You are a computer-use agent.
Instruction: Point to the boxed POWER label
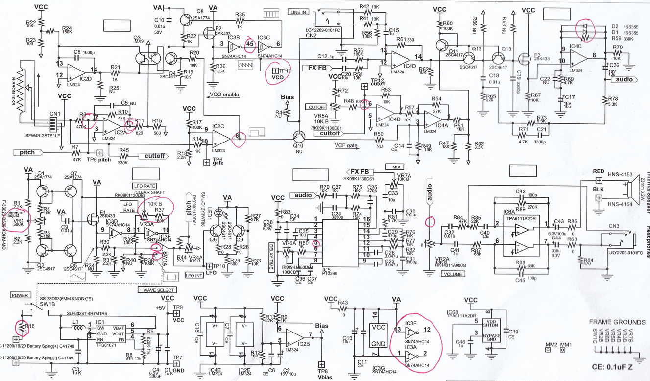click(20, 296)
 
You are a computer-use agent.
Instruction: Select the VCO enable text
click(223, 94)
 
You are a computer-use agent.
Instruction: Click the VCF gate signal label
click(347, 145)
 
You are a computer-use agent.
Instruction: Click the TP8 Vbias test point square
click(321, 364)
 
